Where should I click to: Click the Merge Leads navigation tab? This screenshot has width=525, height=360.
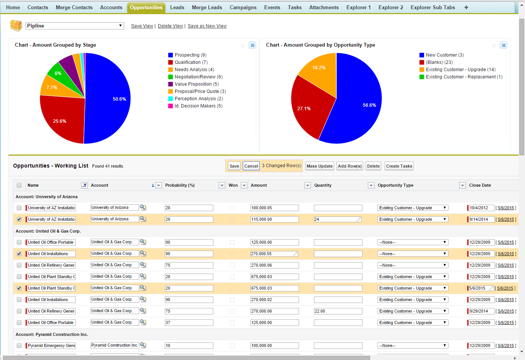tap(207, 7)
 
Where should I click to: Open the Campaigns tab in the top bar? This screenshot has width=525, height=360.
tap(243, 7)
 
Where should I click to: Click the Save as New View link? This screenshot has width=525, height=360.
tap(207, 26)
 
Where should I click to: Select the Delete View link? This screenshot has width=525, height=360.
tap(170, 26)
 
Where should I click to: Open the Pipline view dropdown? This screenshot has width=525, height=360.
tap(75, 26)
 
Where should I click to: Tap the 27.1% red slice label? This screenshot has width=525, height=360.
tap(304, 109)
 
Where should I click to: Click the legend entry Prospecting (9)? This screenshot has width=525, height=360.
tap(190, 55)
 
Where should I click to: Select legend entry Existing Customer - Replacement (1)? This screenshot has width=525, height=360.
tap(464, 77)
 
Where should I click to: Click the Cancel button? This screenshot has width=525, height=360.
tap(251, 166)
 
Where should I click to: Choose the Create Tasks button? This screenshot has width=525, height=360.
tap(399, 166)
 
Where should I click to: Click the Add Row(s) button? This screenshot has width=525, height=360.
tap(349, 166)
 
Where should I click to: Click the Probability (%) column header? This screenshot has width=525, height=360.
tap(180, 185)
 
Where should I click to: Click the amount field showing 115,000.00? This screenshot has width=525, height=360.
tap(274, 219)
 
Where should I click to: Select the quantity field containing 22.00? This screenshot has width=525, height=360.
tap(338, 311)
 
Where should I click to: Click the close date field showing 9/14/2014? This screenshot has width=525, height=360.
tap(481, 219)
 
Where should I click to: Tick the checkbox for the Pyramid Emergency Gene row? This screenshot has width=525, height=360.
tap(19, 345)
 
